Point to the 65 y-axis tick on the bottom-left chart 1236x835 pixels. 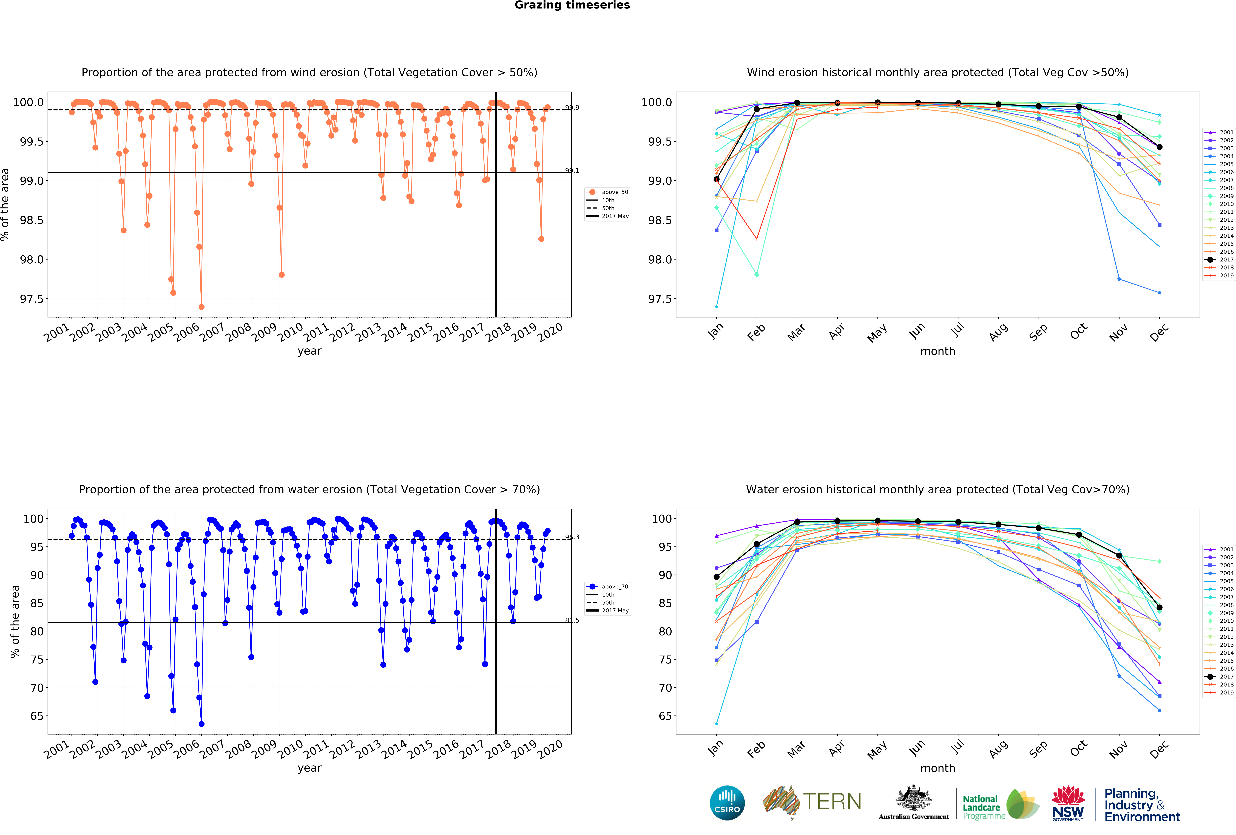[37, 716]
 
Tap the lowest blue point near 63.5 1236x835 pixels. [202, 724]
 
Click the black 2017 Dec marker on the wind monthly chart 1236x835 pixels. [1159, 147]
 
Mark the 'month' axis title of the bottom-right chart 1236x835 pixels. [938, 768]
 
